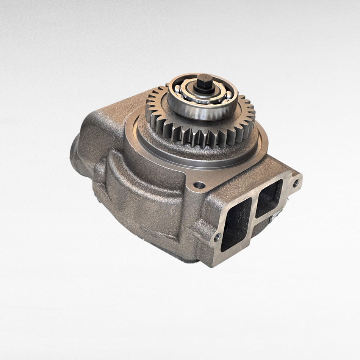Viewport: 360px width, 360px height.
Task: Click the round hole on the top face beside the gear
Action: pos(199,186)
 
